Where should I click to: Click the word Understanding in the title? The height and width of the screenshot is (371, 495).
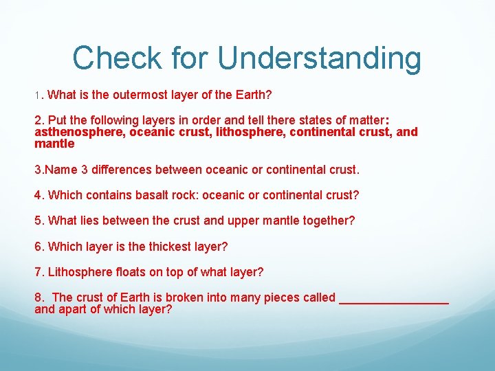[320, 58]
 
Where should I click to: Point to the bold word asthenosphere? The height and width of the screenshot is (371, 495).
[79, 132]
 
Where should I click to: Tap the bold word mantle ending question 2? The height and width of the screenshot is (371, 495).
[54, 144]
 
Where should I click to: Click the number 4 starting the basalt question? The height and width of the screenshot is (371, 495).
[38, 195]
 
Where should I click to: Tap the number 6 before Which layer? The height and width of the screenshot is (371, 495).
[38, 246]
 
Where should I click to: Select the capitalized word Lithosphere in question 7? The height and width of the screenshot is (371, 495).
[76, 272]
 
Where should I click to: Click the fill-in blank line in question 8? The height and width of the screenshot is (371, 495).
[394, 300]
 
